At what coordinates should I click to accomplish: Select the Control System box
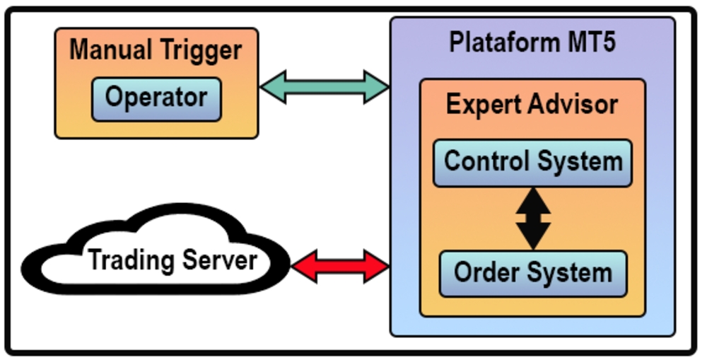(x=532, y=162)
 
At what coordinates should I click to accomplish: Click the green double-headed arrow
(x=325, y=87)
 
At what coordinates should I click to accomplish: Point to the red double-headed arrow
(x=340, y=267)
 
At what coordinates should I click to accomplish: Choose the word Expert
(x=483, y=105)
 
